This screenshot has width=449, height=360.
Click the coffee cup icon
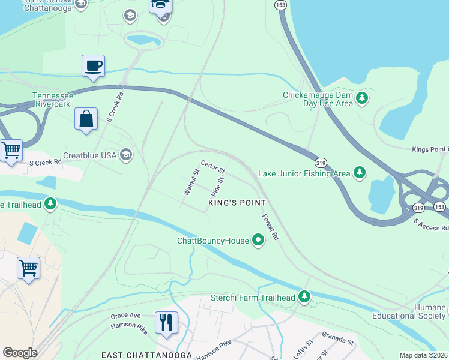pos(93,65)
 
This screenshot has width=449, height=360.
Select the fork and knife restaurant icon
pos(166,322)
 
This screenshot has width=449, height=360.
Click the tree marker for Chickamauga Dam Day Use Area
pos(362,97)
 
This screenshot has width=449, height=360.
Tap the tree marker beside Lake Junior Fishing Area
pos(360,173)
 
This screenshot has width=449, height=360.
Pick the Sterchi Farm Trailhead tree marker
pos(305,297)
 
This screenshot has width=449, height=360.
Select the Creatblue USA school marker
pos(125,155)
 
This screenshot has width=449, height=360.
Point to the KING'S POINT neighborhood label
pos(237,203)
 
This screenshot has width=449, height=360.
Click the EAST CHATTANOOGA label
pos(146,355)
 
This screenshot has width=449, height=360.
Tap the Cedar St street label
pos(212,166)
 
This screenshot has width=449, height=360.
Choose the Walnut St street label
pos(191,182)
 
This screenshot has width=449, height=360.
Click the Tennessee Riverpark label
pos(53,100)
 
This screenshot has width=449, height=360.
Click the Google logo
pos(19,353)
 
